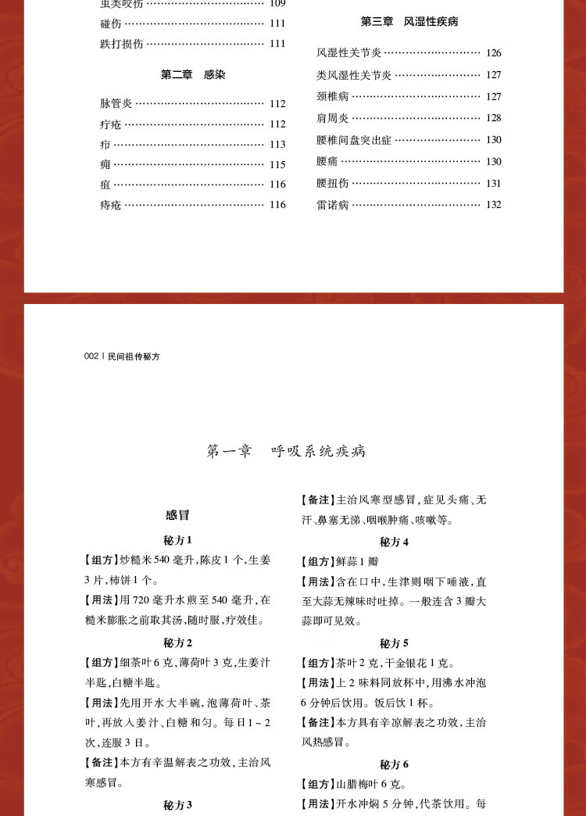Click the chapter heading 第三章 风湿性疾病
pyautogui.click(x=409, y=22)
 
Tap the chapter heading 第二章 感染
pyautogui.click(x=193, y=74)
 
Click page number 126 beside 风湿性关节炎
pyautogui.click(x=492, y=53)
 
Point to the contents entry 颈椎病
pyautogui.click(x=333, y=97)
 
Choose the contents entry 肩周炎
pyautogui.click(x=333, y=118)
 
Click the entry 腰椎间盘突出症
pyautogui.click(x=354, y=140)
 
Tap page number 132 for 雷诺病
pyautogui.click(x=492, y=205)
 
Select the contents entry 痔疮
pyautogui.click(x=111, y=205)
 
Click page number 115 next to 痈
pyautogui.click(x=277, y=165)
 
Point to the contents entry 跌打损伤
pyautogui.click(x=122, y=44)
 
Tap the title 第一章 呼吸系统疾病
pyautogui.click(x=286, y=451)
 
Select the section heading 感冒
pyautogui.click(x=177, y=515)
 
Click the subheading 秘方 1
pyautogui.click(x=177, y=540)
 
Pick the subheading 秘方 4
pyautogui.click(x=395, y=542)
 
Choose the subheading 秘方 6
pyautogui.click(x=395, y=764)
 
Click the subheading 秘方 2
pyautogui.click(x=177, y=642)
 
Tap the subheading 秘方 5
pyautogui.click(x=395, y=643)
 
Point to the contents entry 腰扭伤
pyautogui.click(x=333, y=184)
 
